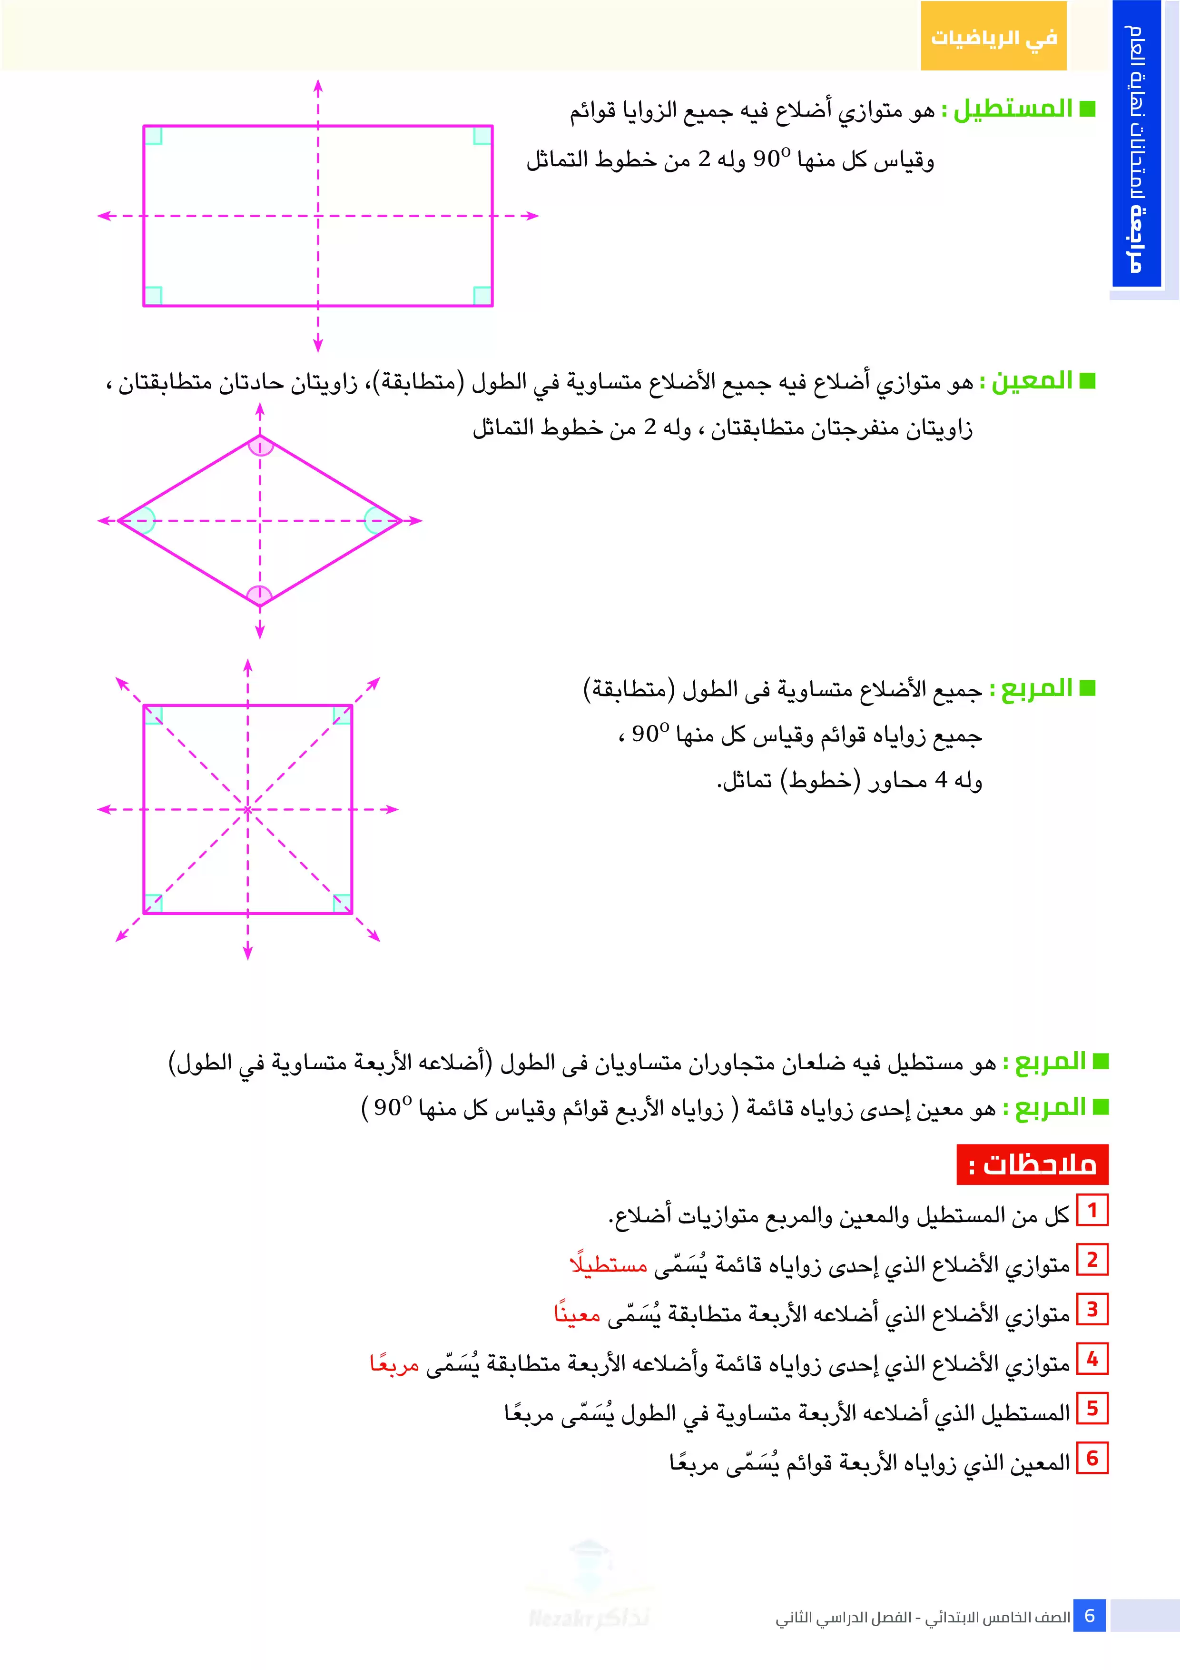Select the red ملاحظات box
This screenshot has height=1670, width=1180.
click(x=1032, y=1164)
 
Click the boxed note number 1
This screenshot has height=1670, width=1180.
click(x=1091, y=1210)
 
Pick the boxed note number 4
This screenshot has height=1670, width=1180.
click(x=1091, y=1359)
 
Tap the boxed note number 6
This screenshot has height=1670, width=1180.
click(x=1091, y=1458)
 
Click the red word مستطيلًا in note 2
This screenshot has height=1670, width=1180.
click(x=608, y=1264)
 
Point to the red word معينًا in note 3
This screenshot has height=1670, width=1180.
click(x=577, y=1313)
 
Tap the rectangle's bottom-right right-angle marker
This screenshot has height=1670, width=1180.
click(x=482, y=295)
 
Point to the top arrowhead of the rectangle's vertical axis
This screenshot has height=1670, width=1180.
click(x=318, y=85)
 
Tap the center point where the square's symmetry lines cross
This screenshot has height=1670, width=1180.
click(x=248, y=810)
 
